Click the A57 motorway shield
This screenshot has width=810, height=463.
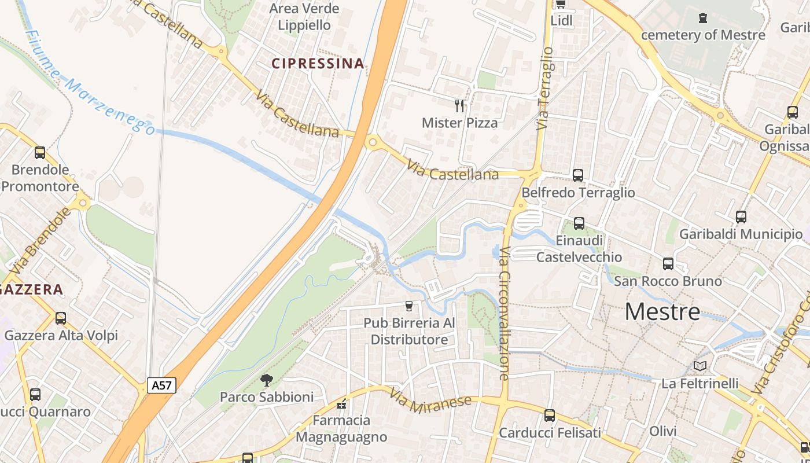pyautogui.click(x=161, y=385)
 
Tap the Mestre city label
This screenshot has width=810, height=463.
pyautogui.click(x=662, y=313)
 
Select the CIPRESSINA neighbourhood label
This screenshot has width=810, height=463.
pyautogui.click(x=318, y=64)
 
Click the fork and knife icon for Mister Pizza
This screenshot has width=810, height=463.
pyautogui.click(x=460, y=105)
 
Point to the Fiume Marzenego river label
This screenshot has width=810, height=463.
pyautogui.click(x=90, y=84)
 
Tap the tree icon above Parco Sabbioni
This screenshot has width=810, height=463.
pyautogui.click(x=267, y=380)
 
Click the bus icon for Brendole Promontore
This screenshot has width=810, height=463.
pyautogui.click(x=40, y=153)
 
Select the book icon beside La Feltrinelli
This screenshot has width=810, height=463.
pyautogui.click(x=700, y=366)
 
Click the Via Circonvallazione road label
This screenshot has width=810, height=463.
pyautogui.click(x=504, y=313)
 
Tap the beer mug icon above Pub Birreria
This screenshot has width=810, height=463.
pyautogui.click(x=410, y=306)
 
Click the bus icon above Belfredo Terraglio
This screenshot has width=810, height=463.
pyautogui.click(x=577, y=175)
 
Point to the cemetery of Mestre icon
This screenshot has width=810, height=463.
pyautogui.click(x=703, y=18)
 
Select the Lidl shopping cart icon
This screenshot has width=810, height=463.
pyautogui.click(x=560, y=5)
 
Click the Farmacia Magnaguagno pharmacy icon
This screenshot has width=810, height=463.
pyautogui.click(x=341, y=403)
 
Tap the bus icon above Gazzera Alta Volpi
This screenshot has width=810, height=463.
pyautogui.click(x=61, y=318)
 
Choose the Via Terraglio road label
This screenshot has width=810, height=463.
pyautogui.click(x=545, y=88)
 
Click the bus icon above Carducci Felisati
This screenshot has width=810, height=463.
pyautogui.click(x=550, y=415)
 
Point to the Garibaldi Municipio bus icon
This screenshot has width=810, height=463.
pyautogui.click(x=741, y=217)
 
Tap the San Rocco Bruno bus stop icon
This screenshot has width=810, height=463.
pyautogui.click(x=668, y=264)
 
